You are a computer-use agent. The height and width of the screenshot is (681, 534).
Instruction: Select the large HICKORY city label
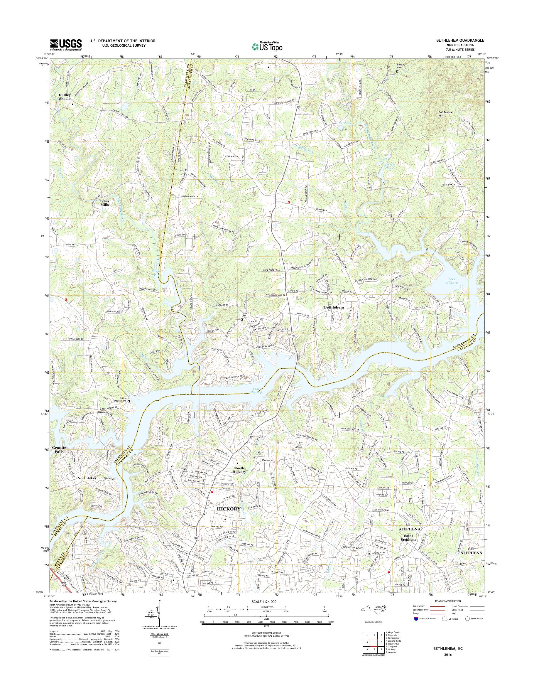pos(229,509)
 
